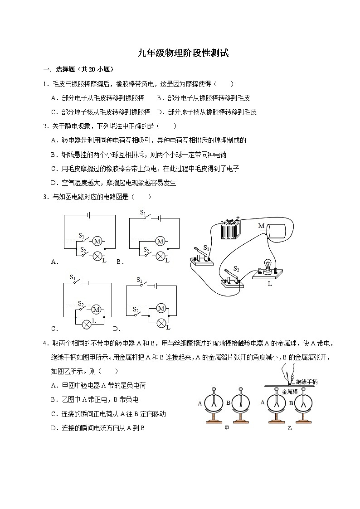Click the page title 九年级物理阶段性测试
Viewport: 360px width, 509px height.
(183, 53)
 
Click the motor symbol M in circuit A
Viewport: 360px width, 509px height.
(97, 241)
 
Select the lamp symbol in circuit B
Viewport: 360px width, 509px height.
(160, 256)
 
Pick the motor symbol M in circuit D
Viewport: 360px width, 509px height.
(161, 309)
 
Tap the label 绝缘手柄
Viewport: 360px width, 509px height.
(306, 382)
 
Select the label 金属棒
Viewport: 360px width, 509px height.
(290, 391)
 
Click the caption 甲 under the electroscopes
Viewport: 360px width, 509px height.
(227, 427)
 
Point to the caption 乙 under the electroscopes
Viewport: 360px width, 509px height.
(290, 427)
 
